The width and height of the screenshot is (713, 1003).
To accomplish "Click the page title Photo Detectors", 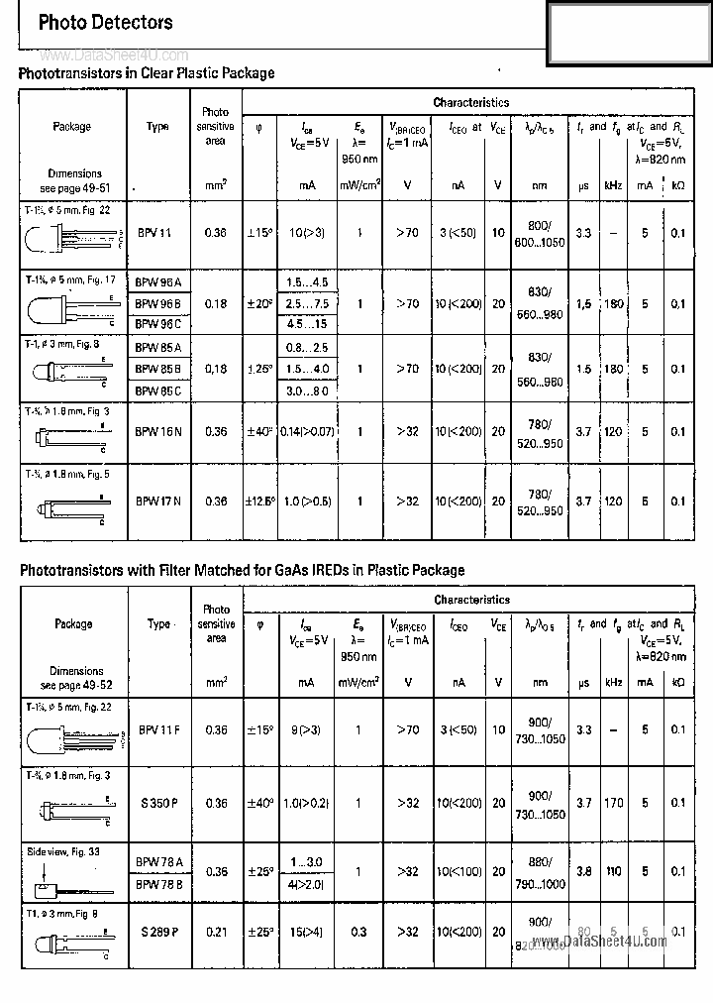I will click(105, 22).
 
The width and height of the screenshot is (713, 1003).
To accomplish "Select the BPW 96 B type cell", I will click(157, 303).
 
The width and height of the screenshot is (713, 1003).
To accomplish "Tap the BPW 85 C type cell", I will click(157, 390).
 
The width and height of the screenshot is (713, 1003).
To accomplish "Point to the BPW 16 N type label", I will click(157, 432).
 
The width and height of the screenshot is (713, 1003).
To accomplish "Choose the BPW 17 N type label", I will click(157, 501).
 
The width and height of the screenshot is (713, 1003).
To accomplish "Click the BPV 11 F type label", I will click(158, 730).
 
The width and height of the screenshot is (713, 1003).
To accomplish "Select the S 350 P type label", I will click(157, 803).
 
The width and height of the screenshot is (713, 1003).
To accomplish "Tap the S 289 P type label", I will click(157, 932).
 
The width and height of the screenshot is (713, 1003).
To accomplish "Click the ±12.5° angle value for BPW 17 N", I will click(259, 501).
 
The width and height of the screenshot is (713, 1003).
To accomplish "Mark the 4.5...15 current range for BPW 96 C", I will click(308, 324).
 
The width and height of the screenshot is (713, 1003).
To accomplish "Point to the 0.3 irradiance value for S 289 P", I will click(358, 932).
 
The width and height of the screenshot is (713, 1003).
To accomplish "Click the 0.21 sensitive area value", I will click(216, 932).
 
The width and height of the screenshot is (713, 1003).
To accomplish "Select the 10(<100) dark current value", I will click(458, 872).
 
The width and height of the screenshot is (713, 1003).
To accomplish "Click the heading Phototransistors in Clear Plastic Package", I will click(147, 73).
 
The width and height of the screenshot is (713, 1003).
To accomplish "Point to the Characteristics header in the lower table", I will click(471, 600).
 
